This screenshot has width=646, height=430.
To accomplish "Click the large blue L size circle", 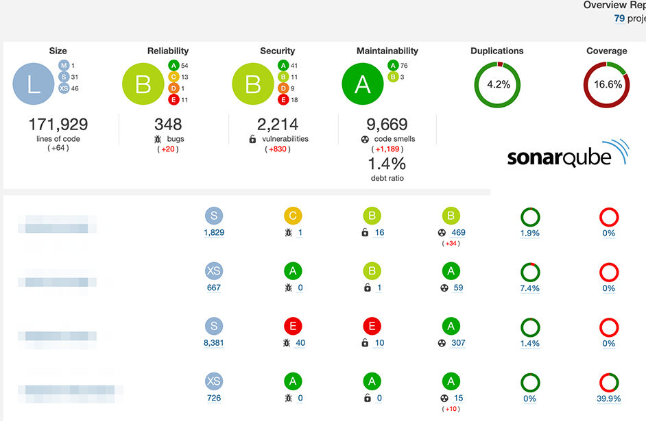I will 34,84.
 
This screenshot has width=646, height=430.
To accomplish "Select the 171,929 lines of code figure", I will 58,125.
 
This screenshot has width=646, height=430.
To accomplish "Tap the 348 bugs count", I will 168,125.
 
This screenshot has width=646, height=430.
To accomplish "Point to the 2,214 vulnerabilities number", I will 278,125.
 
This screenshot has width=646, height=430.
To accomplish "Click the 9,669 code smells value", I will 387,125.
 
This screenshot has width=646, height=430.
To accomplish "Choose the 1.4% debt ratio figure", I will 387,164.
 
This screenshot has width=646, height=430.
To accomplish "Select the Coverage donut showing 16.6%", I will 607,84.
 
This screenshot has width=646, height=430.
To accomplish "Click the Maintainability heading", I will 387,51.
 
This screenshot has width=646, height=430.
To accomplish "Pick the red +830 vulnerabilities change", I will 278,149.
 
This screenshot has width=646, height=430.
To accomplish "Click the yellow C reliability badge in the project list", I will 293,216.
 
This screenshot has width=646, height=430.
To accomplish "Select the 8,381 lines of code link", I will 214,343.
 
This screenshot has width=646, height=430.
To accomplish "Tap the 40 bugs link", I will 300,343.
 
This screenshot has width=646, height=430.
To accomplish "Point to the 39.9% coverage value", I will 608,399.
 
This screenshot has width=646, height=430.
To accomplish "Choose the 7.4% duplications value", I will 529,288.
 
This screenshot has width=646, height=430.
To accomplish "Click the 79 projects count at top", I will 619,18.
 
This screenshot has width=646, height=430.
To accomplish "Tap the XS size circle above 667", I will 214,271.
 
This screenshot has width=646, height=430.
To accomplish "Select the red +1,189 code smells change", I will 387,149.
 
